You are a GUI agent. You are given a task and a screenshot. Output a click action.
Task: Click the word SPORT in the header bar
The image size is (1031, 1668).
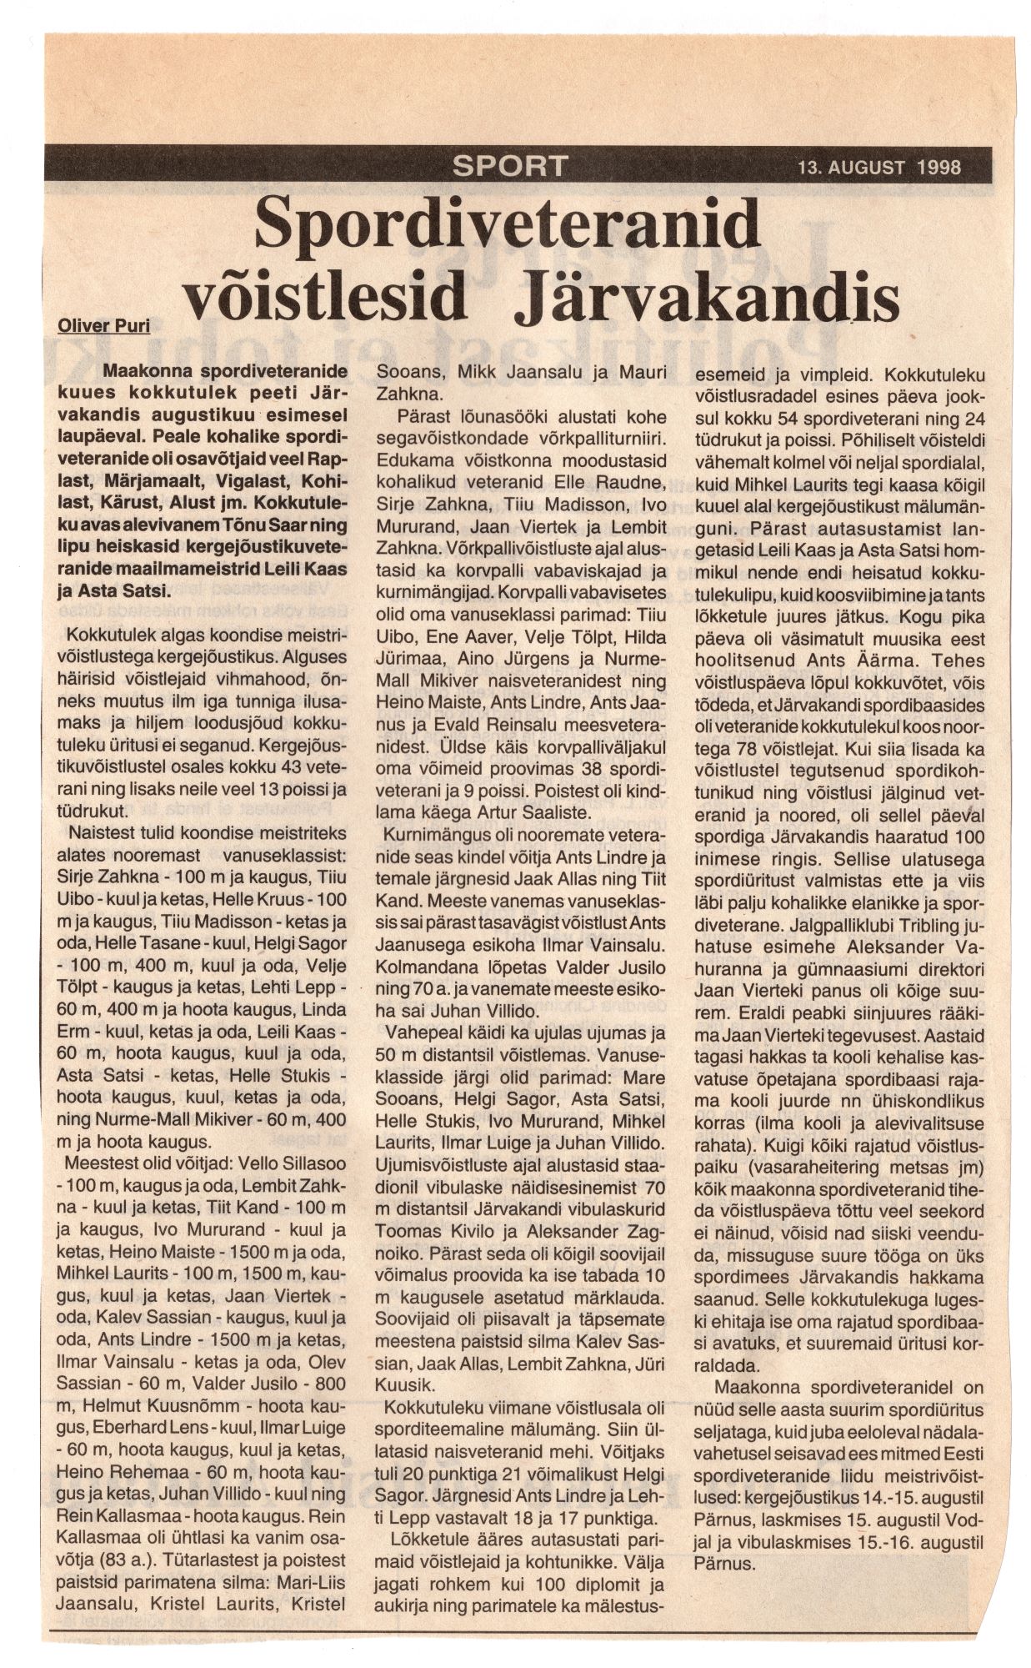coord(509,165)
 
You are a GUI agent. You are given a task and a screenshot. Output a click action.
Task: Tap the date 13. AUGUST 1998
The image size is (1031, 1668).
coord(878,167)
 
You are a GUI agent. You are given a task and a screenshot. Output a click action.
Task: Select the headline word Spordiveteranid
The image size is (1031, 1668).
coord(507,224)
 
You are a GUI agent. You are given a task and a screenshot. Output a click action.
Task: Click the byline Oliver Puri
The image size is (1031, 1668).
coord(103,325)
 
